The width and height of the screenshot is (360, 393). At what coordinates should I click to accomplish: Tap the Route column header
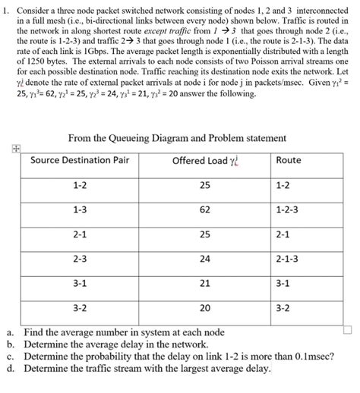pos(289,161)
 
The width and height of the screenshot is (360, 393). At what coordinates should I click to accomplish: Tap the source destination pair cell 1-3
pos(80,209)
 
